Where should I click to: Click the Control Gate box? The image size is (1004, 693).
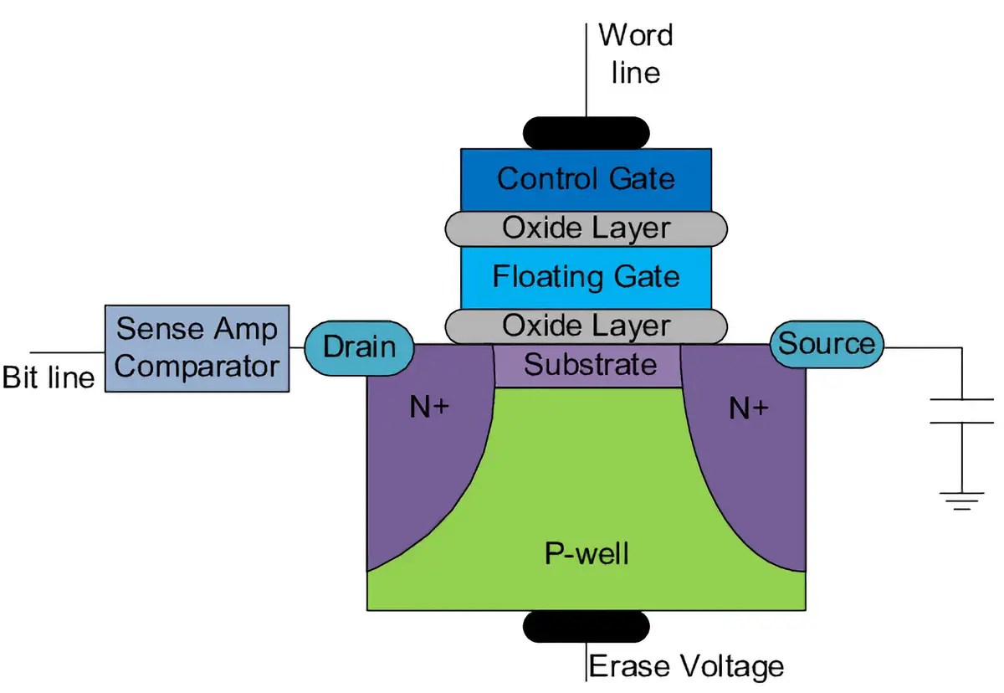click(586, 178)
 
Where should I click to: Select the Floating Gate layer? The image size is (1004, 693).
click(586, 277)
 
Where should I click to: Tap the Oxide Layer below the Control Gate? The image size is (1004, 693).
click(586, 228)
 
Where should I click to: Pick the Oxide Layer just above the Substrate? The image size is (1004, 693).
click(586, 326)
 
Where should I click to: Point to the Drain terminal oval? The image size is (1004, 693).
click(359, 346)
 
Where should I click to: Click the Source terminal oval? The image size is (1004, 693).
click(826, 344)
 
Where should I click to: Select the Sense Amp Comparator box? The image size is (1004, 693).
click(197, 347)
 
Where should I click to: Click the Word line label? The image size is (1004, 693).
click(636, 54)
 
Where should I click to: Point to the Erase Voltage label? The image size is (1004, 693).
click(687, 667)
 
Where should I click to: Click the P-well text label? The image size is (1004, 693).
click(586, 553)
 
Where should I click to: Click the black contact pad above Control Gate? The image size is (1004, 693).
click(586, 132)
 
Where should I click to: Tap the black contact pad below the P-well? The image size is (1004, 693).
click(586, 626)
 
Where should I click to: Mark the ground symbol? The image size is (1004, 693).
click(960, 500)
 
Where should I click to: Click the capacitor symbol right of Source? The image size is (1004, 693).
click(960, 411)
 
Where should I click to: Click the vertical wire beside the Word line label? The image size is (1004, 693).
click(586, 67)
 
